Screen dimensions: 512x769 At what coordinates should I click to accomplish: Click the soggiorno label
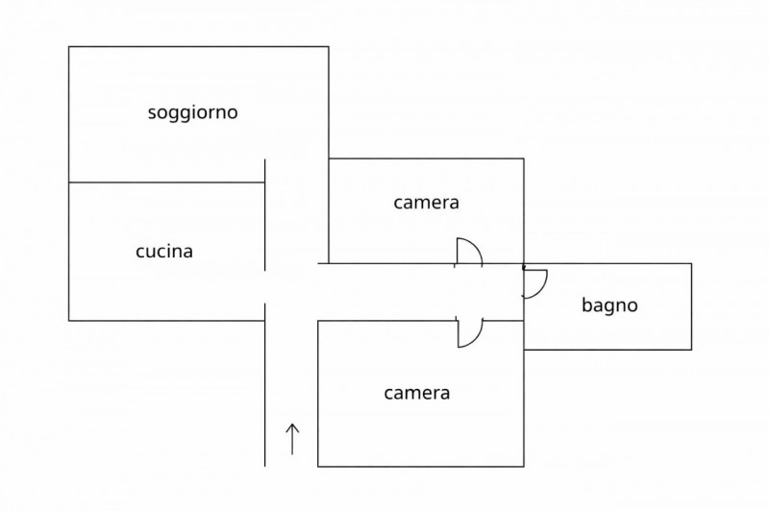pos(192,112)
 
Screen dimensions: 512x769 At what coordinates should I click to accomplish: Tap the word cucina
pos(164,252)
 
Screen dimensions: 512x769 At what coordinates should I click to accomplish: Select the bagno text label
pos(609,306)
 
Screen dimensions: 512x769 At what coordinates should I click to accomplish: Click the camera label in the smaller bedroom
pos(426,203)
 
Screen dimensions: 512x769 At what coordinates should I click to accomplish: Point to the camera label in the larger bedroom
pos(417,393)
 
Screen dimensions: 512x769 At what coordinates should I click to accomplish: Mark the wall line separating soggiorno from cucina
pos(165,182)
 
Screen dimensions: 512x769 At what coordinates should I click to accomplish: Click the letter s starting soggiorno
pos(152,113)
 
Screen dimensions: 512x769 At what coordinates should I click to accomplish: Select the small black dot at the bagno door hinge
pos(523,266)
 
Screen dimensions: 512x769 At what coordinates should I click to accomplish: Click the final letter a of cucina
pos(188,253)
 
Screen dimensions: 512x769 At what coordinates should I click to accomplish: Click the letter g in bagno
pos(609,308)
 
